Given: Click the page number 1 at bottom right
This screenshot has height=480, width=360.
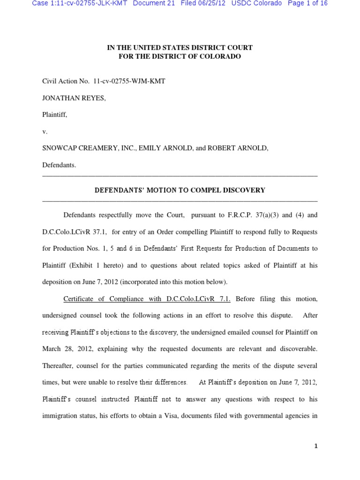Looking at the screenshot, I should (x=316, y=446).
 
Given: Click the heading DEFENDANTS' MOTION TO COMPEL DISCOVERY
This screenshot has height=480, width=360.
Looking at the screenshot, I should (x=180, y=190).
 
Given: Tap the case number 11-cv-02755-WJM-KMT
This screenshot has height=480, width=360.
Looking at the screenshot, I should (x=129, y=81).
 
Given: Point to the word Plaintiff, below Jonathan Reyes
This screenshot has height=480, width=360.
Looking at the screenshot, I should (x=55, y=115).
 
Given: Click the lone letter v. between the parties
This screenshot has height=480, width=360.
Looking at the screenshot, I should (x=45, y=132).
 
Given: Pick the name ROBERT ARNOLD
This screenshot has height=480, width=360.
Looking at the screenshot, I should (x=238, y=149).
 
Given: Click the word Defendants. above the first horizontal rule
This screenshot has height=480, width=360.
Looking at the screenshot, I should (x=59, y=165).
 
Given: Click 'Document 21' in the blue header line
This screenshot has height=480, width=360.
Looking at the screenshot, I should (x=154, y=3).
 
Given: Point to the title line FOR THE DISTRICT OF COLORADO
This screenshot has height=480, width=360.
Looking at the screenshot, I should (x=180, y=56).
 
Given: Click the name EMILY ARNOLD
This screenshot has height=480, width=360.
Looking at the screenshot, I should (x=165, y=149).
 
